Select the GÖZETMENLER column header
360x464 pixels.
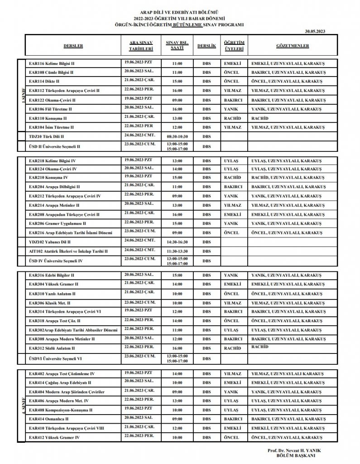point(293,46)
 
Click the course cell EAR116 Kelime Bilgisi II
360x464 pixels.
point(52,63)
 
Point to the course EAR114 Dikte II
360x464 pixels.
point(45,82)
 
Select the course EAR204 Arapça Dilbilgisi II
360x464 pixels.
point(54,186)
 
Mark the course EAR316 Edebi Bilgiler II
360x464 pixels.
point(52,275)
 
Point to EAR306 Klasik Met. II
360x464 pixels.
point(49,303)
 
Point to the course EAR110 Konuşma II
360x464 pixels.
point(48,118)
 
